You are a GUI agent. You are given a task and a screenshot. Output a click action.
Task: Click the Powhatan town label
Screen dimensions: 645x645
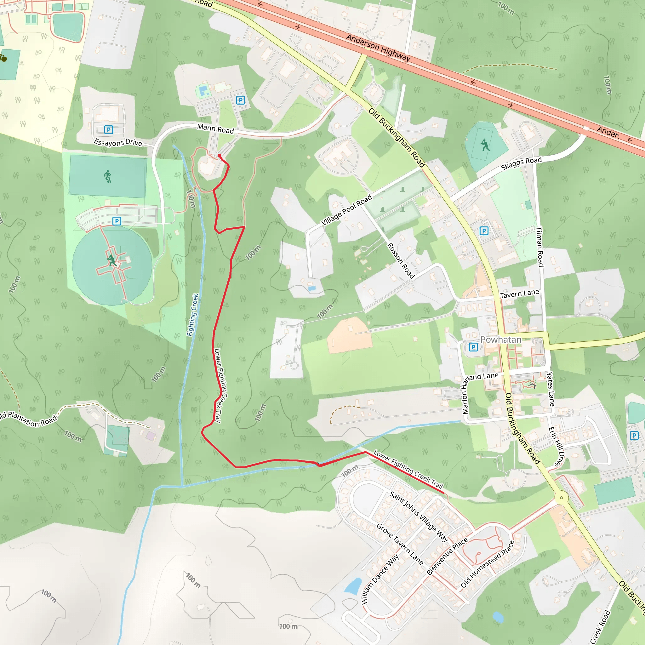(x=501, y=340)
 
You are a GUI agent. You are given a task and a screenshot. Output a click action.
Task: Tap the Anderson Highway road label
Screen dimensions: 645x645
(x=378, y=48)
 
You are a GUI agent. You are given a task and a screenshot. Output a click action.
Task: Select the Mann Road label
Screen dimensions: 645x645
(x=215, y=128)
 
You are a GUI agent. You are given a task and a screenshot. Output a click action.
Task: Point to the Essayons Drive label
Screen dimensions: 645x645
(x=118, y=143)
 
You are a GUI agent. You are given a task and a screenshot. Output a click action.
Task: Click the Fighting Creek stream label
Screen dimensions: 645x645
(x=193, y=315)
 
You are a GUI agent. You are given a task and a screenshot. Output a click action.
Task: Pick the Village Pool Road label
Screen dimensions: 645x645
(x=346, y=210)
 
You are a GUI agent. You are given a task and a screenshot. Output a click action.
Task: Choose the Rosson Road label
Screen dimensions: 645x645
(x=401, y=261)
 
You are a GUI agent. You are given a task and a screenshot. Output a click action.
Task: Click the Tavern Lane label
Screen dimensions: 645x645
(x=519, y=294)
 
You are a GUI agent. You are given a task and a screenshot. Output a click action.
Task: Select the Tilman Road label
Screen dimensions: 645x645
(x=539, y=247)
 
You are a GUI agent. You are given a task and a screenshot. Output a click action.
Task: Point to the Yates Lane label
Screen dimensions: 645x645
(x=551, y=389)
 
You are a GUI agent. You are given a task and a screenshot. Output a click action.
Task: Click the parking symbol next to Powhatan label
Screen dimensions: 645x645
(x=473, y=347)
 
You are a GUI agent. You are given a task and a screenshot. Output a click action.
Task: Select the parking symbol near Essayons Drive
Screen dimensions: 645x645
(x=109, y=129)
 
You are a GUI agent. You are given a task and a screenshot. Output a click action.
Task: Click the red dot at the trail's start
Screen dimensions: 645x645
(x=219, y=156)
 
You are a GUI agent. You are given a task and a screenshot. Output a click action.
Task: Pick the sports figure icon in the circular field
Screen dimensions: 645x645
(x=112, y=260)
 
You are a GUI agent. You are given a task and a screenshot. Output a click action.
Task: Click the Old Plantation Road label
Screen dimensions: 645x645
(x=28, y=419)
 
